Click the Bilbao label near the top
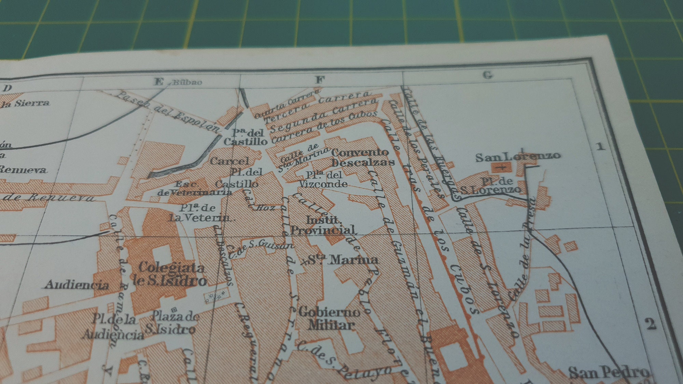click(x=187, y=82)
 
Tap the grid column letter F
click(x=320, y=80)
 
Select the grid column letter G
click(x=488, y=75)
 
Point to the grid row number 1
click(x=600, y=146)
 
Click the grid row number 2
click(x=651, y=323)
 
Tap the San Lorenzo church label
click(x=518, y=156)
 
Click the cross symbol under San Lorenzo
click(x=501, y=167)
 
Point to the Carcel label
click(x=229, y=161)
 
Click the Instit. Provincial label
click(x=323, y=225)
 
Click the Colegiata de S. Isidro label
click(x=171, y=274)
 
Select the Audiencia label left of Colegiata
click(x=77, y=285)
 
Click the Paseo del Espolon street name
click(x=167, y=111)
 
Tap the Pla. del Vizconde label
click(x=323, y=179)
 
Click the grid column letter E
click(x=159, y=82)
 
